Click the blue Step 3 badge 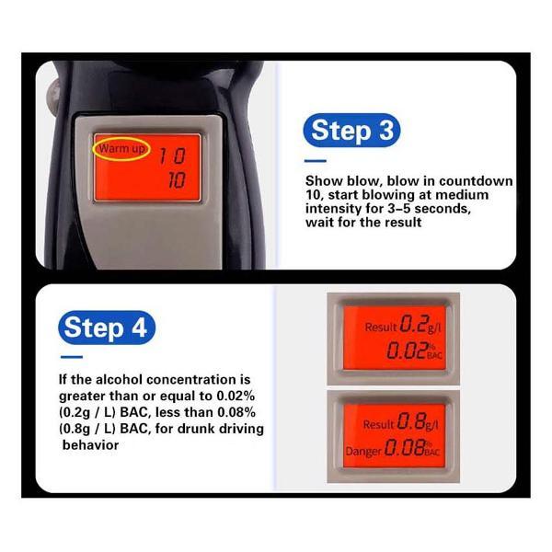351,131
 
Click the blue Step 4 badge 107,328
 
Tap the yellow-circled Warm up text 121,149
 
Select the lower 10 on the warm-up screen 177,180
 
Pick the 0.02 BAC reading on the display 414,351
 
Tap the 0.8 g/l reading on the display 418,421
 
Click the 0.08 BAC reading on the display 412,448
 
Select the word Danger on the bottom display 363,451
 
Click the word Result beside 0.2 381,327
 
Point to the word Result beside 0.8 378,424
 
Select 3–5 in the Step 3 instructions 397,209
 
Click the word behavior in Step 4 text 90,445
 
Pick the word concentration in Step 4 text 193,379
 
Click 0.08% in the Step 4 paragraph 236,412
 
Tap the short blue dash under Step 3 316,161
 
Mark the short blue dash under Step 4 72,357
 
